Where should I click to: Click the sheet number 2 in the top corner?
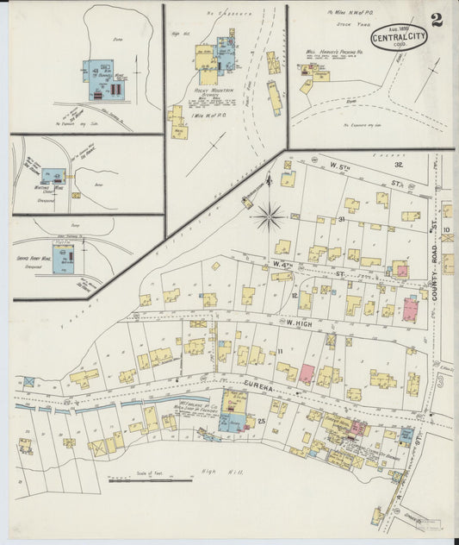(437, 21)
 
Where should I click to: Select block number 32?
(399, 164)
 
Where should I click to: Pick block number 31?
(342, 220)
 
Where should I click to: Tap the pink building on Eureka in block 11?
(307, 374)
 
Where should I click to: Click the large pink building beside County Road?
(410, 309)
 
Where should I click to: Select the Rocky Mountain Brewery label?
(215, 91)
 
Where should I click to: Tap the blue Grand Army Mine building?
(62, 258)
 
